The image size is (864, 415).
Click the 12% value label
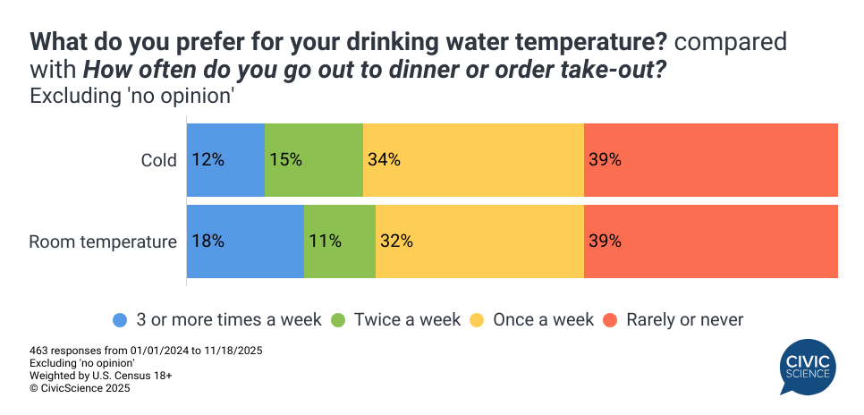coord(208,160)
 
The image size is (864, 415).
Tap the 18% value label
coord(208,241)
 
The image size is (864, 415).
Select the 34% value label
coord(384,160)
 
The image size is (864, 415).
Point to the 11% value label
coord(325,241)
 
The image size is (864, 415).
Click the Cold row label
coord(159,160)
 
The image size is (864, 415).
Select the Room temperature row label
coord(103,241)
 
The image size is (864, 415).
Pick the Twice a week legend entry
coord(407,319)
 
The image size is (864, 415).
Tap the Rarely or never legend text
coord(685,319)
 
